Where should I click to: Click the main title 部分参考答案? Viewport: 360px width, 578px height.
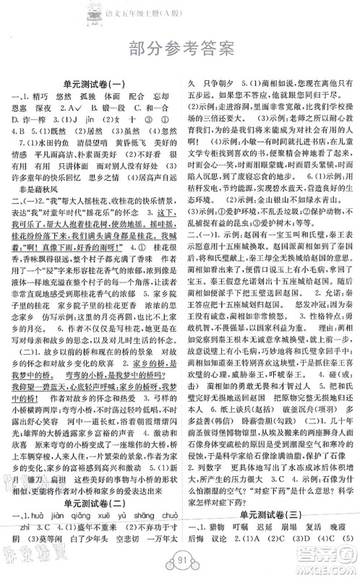coord(179,48)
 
